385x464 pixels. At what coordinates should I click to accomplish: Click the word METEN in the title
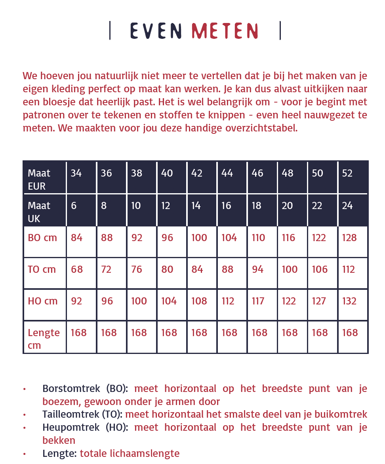coord(225,31)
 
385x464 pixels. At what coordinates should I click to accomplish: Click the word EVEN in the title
coord(156,31)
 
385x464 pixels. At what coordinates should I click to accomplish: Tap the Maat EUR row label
coord(39,179)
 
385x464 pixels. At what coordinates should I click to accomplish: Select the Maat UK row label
coord(39,212)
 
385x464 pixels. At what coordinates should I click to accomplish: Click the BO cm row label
coord(42,238)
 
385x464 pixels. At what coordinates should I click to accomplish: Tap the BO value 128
coord(349,238)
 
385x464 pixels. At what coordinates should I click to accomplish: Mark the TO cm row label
coord(42,270)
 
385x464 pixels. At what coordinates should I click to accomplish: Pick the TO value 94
coord(258,270)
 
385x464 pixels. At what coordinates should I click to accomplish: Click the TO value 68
coord(77,270)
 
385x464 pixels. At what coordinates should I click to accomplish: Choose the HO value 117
coord(258,301)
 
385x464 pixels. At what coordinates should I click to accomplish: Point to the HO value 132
coord(349,301)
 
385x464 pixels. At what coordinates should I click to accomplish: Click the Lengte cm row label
coord(44,339)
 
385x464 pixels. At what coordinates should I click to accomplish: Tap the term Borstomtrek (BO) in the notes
coord(85,389)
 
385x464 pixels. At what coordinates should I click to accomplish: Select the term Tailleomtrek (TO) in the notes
coord(83,415)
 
